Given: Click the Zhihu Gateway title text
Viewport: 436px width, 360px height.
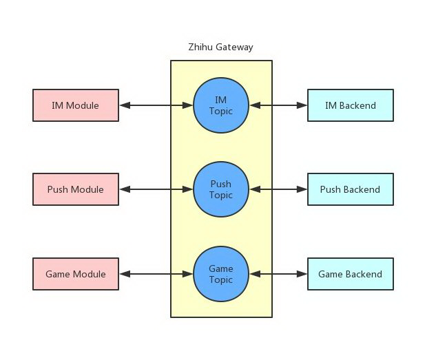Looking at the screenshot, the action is (x=220, y=47).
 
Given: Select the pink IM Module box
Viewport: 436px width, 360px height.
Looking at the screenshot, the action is (x=76, y=105).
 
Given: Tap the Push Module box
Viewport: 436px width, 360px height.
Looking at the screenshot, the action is (x=76, y=189).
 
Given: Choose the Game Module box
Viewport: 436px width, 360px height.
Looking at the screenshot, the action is (x=76, y=274).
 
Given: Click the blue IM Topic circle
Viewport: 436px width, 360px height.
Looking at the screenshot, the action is (x=221, y=105).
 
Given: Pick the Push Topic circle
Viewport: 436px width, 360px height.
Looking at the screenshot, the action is (x=221, y=189).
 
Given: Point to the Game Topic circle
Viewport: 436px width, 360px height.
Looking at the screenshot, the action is (x=221, y=274).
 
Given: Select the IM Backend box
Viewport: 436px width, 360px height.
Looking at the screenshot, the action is (x=351, y=105).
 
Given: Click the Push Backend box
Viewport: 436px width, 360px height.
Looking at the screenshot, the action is (x=351, y=189).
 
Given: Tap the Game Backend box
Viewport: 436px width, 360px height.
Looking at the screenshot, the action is (x=351, y=274).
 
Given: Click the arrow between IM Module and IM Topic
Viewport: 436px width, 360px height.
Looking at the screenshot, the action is (x=156, y=105).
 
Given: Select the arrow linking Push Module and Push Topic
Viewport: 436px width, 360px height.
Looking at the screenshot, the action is (x=156, y=189).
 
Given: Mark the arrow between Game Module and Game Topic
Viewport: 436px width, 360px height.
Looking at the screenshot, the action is (x=156, y=274).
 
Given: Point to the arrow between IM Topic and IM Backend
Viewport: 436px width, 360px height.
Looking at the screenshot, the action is (x=278, y=105).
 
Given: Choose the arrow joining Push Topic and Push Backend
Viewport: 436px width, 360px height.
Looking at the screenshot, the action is (x=278, y=189).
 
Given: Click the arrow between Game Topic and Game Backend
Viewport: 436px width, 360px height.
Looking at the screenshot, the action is (x=278, y=274).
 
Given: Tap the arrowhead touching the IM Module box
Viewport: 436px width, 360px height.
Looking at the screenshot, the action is (x=125, y=105).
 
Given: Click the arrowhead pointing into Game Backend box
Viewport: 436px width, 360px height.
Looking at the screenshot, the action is (x=302, y=274).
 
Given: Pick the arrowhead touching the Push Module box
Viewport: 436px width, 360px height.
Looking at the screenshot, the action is (x=125, y=189).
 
